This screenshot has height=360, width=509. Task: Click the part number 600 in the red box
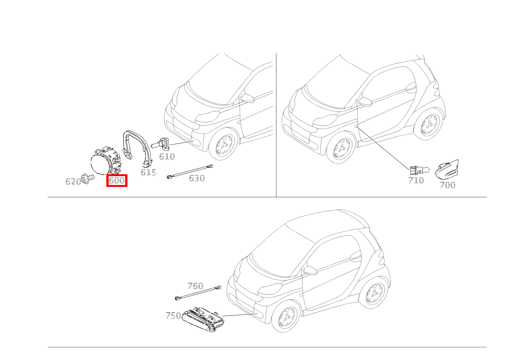[x=117, y=180]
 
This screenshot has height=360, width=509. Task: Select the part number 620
[x=73, y=182]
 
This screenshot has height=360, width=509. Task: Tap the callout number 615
[x=148, y=172]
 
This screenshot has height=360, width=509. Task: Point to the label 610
[x=167, y=157]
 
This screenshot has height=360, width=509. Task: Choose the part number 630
[x=197, y=178]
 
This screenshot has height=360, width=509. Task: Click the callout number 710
[x=416, y=180]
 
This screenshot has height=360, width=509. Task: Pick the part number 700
[x=448, y=185]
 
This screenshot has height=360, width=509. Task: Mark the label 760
[x=195, y=286]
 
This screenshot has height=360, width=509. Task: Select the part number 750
[x=173, y=315]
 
